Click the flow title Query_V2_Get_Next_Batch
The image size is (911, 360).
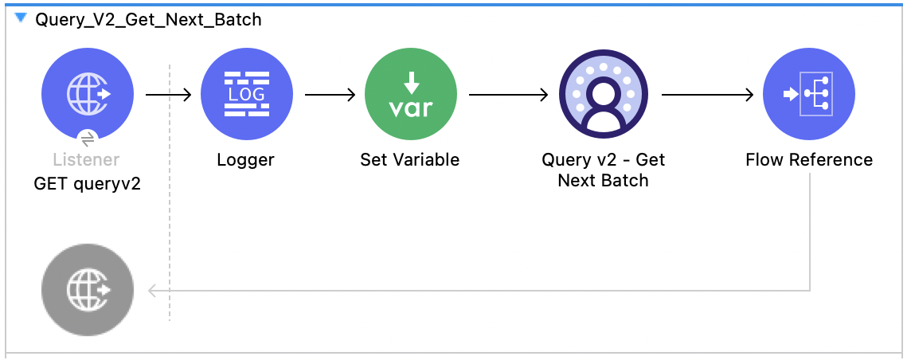[148, 20]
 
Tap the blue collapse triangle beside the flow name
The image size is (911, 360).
[21, 18]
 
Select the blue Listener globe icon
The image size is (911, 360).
[88, 95]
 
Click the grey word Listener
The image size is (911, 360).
[86, 160]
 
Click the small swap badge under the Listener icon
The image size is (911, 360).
[88, 136]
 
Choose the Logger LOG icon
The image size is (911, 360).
[245, 95]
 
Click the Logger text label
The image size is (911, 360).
[245, 160]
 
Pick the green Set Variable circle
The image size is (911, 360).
[410, 95]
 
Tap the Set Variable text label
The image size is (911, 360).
[409, 160]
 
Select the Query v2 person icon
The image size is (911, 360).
[604, 95]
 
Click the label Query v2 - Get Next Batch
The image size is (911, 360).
[604, 170]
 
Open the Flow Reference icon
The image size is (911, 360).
[808, 95]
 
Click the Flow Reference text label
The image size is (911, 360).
[808, 160]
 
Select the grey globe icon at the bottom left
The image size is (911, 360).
[88, 290]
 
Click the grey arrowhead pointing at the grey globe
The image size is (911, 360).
[153, 290]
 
